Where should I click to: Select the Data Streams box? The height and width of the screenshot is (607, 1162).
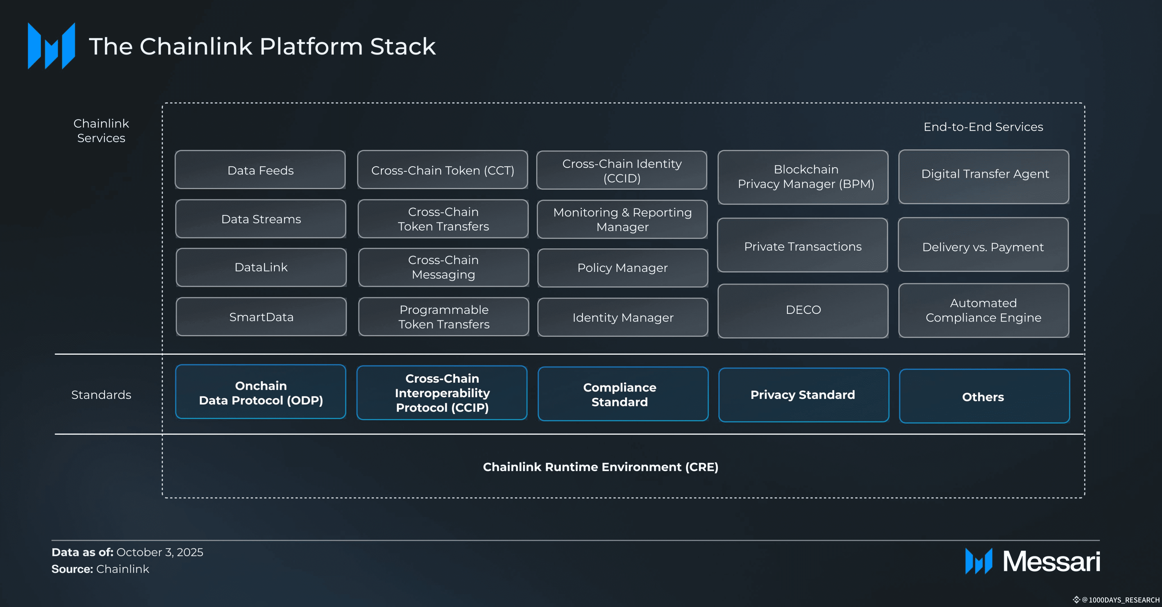click(261, 219)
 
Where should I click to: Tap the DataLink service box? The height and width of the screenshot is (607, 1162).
click(261, 267)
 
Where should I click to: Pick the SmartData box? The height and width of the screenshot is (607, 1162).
click(261, 317)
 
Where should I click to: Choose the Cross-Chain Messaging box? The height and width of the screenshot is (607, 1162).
click(443, 267)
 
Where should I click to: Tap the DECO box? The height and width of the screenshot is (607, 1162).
click(803, 311)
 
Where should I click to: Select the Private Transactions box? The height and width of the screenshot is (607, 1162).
click(803, 245)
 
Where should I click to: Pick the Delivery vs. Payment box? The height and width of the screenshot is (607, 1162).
click(983, 244)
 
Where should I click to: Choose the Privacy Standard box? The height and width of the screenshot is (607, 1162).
click(804, 395)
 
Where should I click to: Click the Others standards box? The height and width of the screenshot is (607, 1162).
click(984, 396)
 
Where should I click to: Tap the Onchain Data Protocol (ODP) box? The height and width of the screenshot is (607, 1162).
click(261, 392)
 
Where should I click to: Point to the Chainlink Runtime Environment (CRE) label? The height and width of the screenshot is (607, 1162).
click(600, 467)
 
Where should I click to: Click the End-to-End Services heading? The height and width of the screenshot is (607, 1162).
click(983, 127)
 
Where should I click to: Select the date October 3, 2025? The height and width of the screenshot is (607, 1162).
click(160, 553)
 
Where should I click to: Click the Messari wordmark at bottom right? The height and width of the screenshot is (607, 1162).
click(1051, 561)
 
